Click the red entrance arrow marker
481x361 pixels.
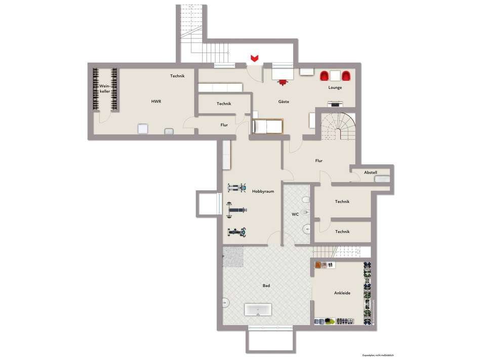[255, 58]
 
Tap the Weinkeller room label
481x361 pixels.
[105, 89]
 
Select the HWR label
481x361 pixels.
[156, 101]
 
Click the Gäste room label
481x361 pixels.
[284, 102]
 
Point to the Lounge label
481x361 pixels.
[335, 88]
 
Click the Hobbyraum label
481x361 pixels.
[263, 191]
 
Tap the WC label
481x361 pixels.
[295, 214]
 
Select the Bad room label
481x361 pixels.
[266, 285]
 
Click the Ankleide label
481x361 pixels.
[342, 293]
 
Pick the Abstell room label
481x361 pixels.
[370, 172]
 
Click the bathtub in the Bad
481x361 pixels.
[258, 310]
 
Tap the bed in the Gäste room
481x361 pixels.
[266, 126]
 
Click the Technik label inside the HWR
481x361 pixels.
[177, 76]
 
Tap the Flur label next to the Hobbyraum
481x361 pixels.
[319, 161]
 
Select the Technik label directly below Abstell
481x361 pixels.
[342, 201]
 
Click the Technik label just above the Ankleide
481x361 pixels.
[342, 232]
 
